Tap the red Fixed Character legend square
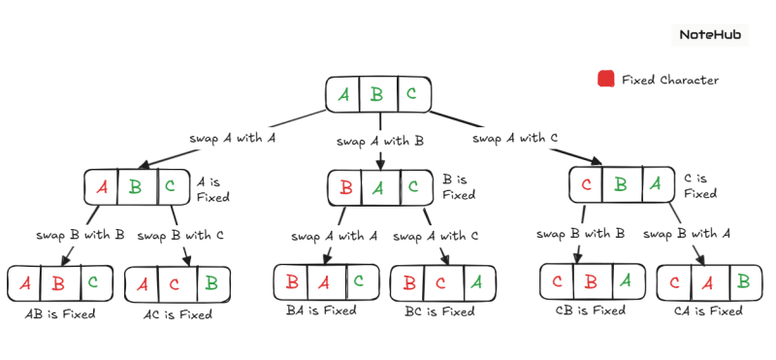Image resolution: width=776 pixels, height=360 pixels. click(606, 79)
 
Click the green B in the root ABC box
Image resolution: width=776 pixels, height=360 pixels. click(378, 94)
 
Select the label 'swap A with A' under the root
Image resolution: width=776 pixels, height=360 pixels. click(233, 139)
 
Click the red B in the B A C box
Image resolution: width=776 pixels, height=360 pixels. click(346, 186)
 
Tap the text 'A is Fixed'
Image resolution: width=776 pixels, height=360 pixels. click(212, 188)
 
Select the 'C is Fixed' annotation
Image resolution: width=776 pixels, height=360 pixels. click(699, 185)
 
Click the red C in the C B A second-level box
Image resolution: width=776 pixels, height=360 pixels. click(586, 184)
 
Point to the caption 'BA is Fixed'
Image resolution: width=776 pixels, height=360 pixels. click(321, 311)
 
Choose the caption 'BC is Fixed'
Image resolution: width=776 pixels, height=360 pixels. click(439, 311)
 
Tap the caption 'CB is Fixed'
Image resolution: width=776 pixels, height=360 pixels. click(590, 311)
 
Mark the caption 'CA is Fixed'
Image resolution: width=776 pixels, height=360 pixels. click(708, 311)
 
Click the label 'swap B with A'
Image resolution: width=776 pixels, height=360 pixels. click(687, 234)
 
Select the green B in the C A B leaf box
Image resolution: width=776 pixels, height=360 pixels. click(742, 282)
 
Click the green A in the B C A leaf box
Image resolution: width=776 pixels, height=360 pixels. click(474, 282)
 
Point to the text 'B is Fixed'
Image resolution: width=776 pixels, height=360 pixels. click(458, 186)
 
